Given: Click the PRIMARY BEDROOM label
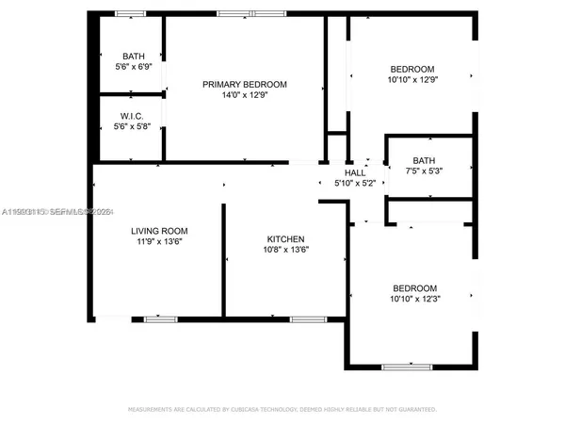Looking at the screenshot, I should point(245,84).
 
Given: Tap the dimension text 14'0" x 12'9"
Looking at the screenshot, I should point(245,95).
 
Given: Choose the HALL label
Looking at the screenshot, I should point(355,172).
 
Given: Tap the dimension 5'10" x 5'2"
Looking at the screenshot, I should point(355,183).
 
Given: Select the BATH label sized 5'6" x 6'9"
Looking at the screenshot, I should point(133,56).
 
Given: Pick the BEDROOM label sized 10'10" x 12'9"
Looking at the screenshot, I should point(412,69).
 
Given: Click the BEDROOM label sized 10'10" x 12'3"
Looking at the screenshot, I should point(415,287).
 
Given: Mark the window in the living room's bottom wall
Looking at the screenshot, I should point(161,319).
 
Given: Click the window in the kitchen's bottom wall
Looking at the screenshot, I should point(304,319).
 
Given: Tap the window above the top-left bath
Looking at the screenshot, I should point(131,14).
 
